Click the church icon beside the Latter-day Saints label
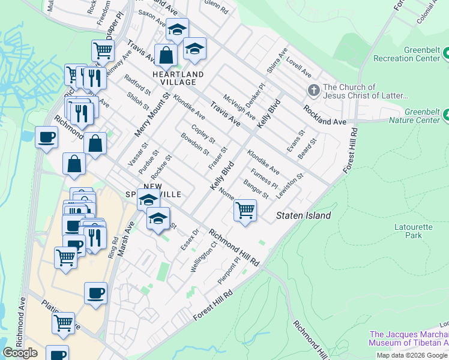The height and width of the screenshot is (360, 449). click(313, 91)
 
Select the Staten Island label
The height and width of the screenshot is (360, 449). click(303, 215)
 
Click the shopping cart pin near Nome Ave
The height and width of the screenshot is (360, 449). click(244, 211)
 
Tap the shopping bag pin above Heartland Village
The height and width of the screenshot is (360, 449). click(165, 56)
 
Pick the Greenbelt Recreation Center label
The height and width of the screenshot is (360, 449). click(407, 54)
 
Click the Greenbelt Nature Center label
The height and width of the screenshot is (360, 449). click(423, 116)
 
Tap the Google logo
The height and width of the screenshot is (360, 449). click(20, 352)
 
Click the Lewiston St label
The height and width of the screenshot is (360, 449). click(290, 186)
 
